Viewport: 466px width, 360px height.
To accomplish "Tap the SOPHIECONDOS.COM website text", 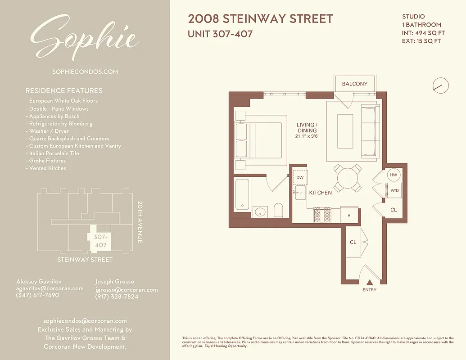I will [x=85, y=72].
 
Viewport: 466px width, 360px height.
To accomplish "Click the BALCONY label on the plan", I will [x=355, y=84].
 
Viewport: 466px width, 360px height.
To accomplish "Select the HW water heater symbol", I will [x=393, y=175].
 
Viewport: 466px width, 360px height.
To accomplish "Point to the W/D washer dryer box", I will [x=394, y=190].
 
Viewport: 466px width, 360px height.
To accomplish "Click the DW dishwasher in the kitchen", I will [x=300, y=177].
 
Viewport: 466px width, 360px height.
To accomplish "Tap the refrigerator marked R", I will [x=349, y=216].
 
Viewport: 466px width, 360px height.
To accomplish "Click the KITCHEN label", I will [x=320, y=193].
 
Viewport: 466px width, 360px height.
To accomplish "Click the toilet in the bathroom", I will [x=278, y=210].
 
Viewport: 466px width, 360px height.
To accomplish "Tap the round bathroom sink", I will [x=260, y=211].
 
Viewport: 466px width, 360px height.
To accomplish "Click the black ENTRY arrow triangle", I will [x=369, y=283].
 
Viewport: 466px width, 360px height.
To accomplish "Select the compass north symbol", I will [x=440, y=85].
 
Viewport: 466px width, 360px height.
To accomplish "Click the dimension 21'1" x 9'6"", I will [x=308, y=136].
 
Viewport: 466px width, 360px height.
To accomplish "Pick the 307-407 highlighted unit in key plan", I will [x=100, y=241].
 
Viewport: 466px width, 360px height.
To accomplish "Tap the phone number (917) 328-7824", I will [x=117, y=297].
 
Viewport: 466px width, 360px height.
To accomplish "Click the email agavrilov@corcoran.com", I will [x=50, y=288].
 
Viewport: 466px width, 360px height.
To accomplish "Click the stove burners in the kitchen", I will [x=322, y=215].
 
